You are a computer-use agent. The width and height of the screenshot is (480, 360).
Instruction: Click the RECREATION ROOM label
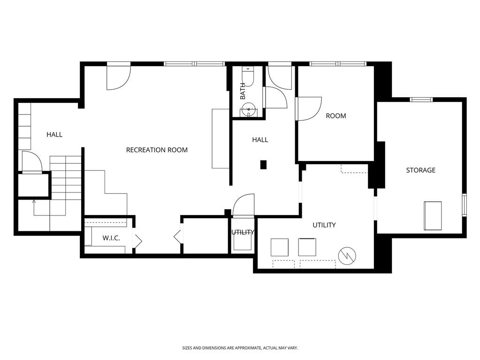click(x=157, y=150)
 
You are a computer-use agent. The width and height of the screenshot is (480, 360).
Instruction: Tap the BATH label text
click(x=243, y=91)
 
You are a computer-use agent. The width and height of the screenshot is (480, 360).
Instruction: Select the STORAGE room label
click(x=420, y=170)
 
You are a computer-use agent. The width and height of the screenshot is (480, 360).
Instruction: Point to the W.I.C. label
click(x=111, y=238)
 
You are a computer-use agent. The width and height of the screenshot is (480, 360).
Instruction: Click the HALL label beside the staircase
click(x=54, y=135)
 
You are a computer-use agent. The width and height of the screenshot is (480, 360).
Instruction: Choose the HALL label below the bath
click(x=260, y=140)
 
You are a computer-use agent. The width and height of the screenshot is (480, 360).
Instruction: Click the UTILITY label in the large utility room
click(x=324, y=225)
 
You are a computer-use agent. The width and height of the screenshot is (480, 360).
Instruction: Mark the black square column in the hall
click(x=264, y=165)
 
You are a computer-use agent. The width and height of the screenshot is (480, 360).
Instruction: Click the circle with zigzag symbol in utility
click(x=347, y=256)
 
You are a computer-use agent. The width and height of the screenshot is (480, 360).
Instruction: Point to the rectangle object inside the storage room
click(x=433, y=215)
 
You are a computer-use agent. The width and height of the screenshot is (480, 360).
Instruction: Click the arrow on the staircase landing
click(x=34, y=203)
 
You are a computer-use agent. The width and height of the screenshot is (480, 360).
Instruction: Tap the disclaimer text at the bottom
click(x=240, y=348)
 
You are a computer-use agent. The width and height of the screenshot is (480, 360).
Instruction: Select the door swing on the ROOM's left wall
click(x=308, y=108)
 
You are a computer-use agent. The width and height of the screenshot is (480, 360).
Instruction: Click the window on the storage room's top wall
click(x=421, y=99)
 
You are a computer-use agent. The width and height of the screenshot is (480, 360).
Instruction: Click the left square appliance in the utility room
click(x=280, y=247)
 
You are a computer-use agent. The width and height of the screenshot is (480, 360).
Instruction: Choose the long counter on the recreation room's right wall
click(x=220, y=138)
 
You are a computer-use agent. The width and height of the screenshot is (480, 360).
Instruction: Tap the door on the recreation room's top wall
click(x=118, y=77)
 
